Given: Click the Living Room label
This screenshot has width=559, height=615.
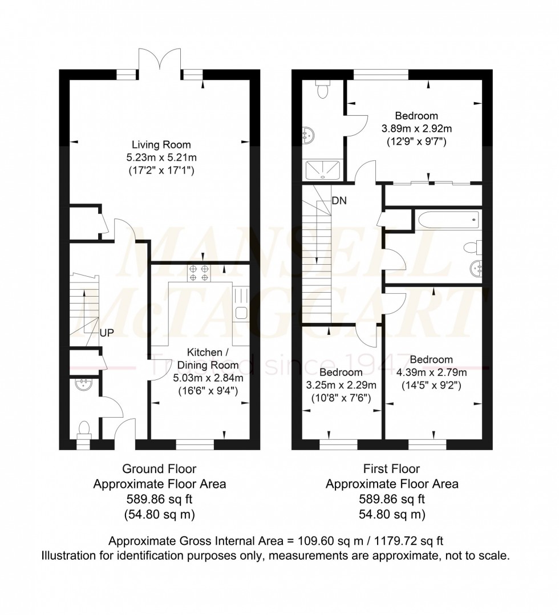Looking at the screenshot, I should click(161, 144).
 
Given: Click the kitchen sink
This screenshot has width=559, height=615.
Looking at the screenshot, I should click(241, 311).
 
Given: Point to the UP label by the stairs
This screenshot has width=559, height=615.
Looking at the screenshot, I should click(106, 333).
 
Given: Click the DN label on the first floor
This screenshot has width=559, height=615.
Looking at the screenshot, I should click(340, 201).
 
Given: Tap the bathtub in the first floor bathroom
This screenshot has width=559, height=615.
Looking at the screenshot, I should click(448, 220).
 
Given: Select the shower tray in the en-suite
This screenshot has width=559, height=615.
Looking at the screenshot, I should click(324, 169).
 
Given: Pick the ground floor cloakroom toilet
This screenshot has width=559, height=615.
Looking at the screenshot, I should click(84, 428).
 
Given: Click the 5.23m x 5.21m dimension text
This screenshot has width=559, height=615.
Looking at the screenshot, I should click(161, 157).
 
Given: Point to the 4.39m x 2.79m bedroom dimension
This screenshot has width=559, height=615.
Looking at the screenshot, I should click(431, 373).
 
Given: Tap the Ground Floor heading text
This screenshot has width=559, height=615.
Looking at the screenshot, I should click(159, 469).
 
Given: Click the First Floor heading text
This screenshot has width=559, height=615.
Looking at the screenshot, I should click(391, 469).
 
